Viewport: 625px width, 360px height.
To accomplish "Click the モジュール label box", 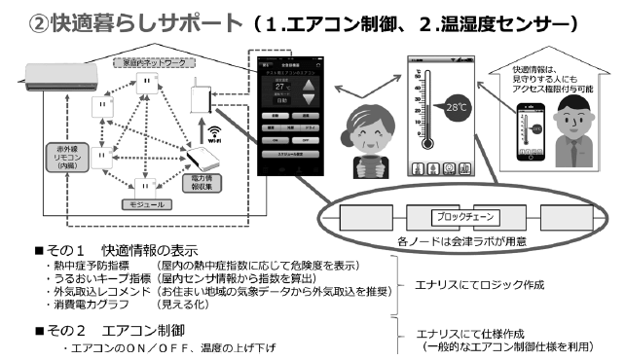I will (x=147, y=204).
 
